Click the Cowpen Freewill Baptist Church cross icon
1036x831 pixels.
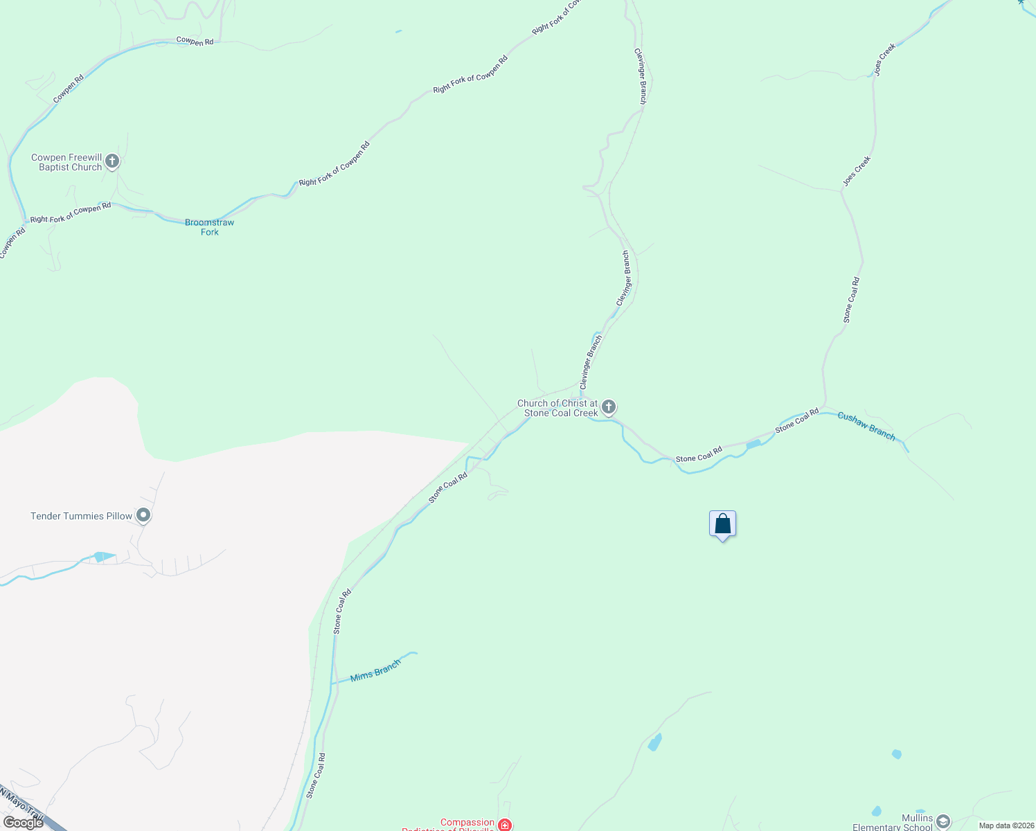tap(112, 162)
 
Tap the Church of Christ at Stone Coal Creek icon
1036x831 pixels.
tap(608, 407)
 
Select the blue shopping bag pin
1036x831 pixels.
tap(722, 524)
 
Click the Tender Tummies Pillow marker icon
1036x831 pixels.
tap(143, 515)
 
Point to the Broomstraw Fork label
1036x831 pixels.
tap(209, 227)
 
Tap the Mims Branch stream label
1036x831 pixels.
tap(375, 670)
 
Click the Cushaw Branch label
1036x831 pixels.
tap(866, 426)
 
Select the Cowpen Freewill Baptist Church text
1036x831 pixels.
tap(66, 162)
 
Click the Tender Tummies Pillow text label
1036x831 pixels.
tap(81, 516)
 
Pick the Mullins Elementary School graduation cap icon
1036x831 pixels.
tap(943, 822)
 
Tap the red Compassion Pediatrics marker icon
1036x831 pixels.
tap(505, 825)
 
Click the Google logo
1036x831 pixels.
tap(23, 822)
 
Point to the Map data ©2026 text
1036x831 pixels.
tap(1006, 825)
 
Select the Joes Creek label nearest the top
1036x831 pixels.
tap(884, 59)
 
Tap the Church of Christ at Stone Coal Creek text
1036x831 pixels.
tap(557, 408)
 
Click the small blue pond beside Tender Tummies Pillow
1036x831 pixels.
tap(104, 556)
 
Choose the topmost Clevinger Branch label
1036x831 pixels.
tap(642, 76)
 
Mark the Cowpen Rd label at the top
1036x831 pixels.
tap(195, 42)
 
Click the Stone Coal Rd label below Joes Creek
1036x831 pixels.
tap(851, 300)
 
